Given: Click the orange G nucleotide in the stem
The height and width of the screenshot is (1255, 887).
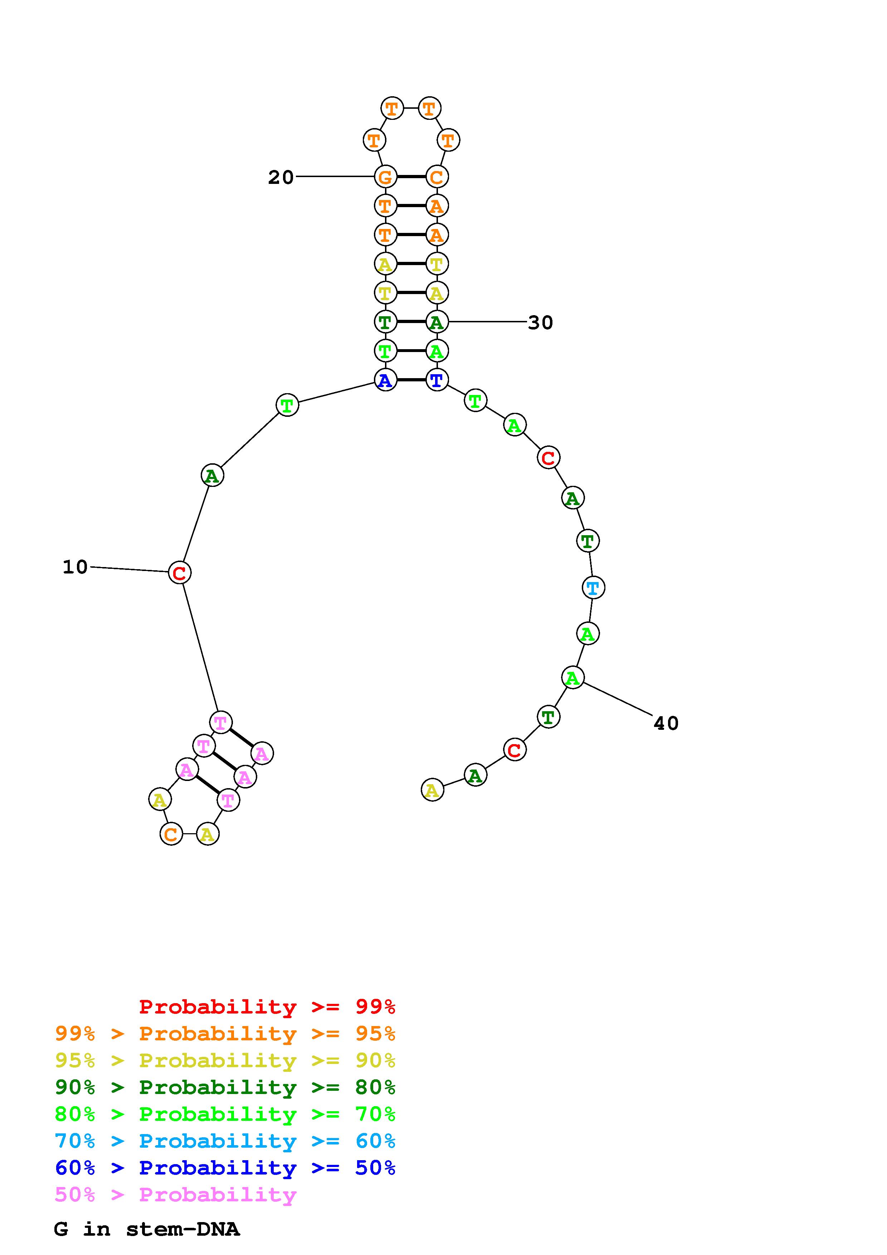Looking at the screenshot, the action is tap(385, 177).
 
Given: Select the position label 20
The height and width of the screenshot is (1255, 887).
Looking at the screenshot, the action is tap(281, 177).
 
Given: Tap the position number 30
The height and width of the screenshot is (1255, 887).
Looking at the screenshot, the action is tap(541, 322).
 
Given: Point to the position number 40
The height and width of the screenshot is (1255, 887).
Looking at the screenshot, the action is tap(666, 723).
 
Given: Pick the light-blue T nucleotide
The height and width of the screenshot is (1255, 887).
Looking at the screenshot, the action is tap(593, 587).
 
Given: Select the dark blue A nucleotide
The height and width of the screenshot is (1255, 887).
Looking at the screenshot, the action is tap(385, 379).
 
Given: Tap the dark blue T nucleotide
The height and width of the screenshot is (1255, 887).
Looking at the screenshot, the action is tap(437, 379).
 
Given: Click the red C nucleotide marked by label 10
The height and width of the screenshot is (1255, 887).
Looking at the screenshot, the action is tap(179, 573).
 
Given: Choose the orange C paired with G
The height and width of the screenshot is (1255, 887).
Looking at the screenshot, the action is tap(437, 177).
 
